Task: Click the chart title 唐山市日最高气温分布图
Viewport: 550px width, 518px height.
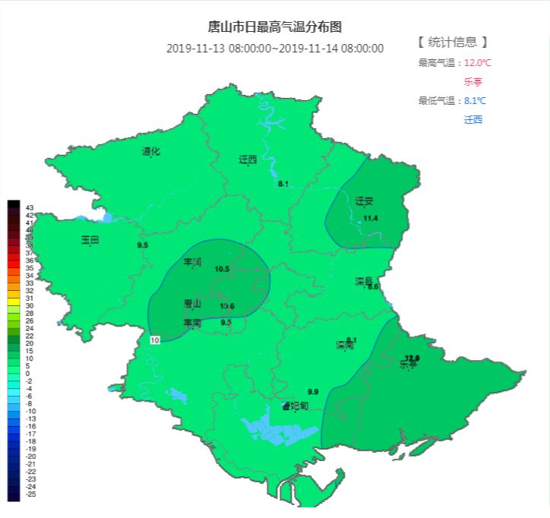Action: pos(275,27)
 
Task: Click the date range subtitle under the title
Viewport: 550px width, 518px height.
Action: pos(275,49)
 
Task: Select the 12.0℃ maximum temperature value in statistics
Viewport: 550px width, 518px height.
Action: pos(478,62)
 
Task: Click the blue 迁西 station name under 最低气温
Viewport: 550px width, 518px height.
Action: pos(473,119)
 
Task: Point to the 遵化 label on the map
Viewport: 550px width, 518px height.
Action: pos(151,151)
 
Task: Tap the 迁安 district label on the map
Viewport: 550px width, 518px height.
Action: pos(365,201)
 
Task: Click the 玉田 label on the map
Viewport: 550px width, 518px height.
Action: pos(90,240)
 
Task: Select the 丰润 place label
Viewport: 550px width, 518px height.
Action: pos(193,262)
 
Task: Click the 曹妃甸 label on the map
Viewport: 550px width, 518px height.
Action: pos(295,406)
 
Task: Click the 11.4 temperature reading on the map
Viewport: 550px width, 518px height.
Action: pos(371,219)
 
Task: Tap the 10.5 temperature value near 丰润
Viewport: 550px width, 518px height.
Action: pos(222,269)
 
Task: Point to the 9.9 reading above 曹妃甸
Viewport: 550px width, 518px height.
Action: pos(313,391)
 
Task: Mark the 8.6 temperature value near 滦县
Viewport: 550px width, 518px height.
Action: pos(373,287)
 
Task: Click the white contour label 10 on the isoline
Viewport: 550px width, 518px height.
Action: pos(155,340)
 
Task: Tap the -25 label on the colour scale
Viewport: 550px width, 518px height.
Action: pos(30,494)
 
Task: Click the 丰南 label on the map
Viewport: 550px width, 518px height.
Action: pos(192,324)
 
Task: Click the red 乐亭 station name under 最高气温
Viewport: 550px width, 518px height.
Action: pos(473,81)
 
